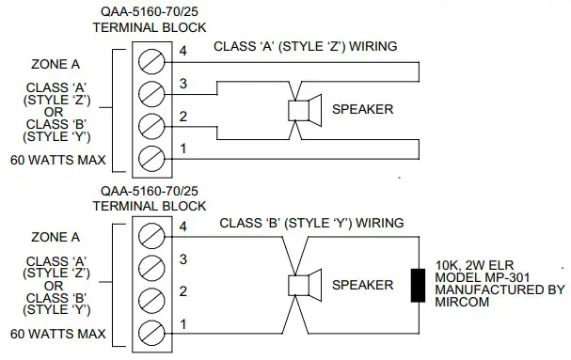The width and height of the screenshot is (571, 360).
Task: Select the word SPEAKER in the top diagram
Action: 363,110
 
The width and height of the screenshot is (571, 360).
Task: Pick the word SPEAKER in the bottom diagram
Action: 363,284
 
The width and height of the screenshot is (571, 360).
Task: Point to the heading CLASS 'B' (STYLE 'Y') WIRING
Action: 311,223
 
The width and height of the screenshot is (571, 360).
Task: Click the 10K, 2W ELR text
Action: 479,265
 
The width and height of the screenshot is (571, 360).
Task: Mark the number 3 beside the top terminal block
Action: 183,84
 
